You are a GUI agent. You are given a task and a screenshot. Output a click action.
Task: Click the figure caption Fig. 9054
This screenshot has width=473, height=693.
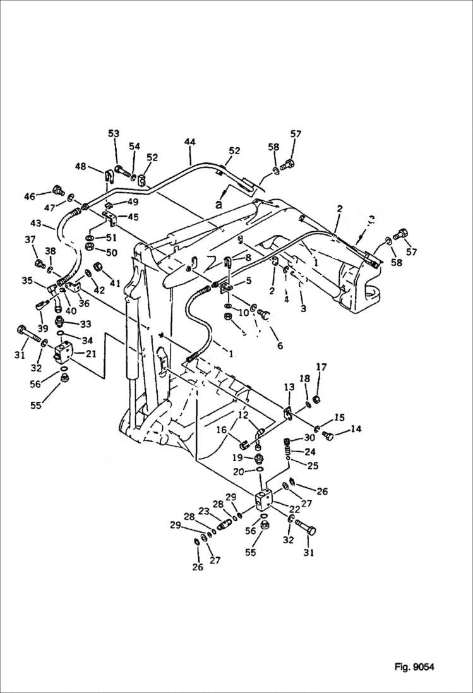414,666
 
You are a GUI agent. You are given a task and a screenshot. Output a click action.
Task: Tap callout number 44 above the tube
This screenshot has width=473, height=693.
190,142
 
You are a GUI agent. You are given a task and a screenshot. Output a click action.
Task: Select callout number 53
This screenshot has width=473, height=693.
114,134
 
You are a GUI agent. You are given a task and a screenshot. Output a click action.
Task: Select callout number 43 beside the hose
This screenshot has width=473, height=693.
37,224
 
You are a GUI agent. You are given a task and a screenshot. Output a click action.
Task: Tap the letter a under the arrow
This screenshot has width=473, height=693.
219,205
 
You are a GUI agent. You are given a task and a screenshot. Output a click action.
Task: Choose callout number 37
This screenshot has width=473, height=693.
30,239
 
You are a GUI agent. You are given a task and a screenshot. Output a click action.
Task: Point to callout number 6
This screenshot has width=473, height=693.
278,346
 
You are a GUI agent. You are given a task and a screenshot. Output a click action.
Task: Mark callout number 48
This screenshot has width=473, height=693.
80,167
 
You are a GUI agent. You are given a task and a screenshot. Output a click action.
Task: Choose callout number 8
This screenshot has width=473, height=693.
248,257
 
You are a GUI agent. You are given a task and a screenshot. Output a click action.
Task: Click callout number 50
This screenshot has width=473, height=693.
111,253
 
